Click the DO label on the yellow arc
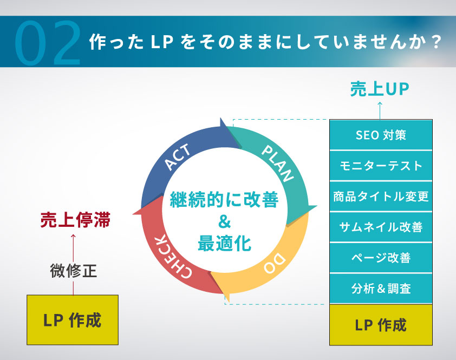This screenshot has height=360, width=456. coord(274,264)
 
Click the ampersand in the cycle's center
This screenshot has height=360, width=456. coord(224,221)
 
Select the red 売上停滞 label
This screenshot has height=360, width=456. coord(75,220)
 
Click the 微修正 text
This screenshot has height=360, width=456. coord(74,270)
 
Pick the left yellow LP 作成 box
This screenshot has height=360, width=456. coord(73,320)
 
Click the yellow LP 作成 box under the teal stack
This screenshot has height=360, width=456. coord(381,325)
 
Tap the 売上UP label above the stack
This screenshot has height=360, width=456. coord(379,90)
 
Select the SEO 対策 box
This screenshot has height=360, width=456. coord(381,135)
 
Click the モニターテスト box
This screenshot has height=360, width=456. coord(381,165)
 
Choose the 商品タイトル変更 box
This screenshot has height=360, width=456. coord(381,196)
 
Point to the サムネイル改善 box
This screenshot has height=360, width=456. coord(381,227)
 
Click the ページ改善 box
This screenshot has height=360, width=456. coord(381,258)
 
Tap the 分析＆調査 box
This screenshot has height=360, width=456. coord(381,289)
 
